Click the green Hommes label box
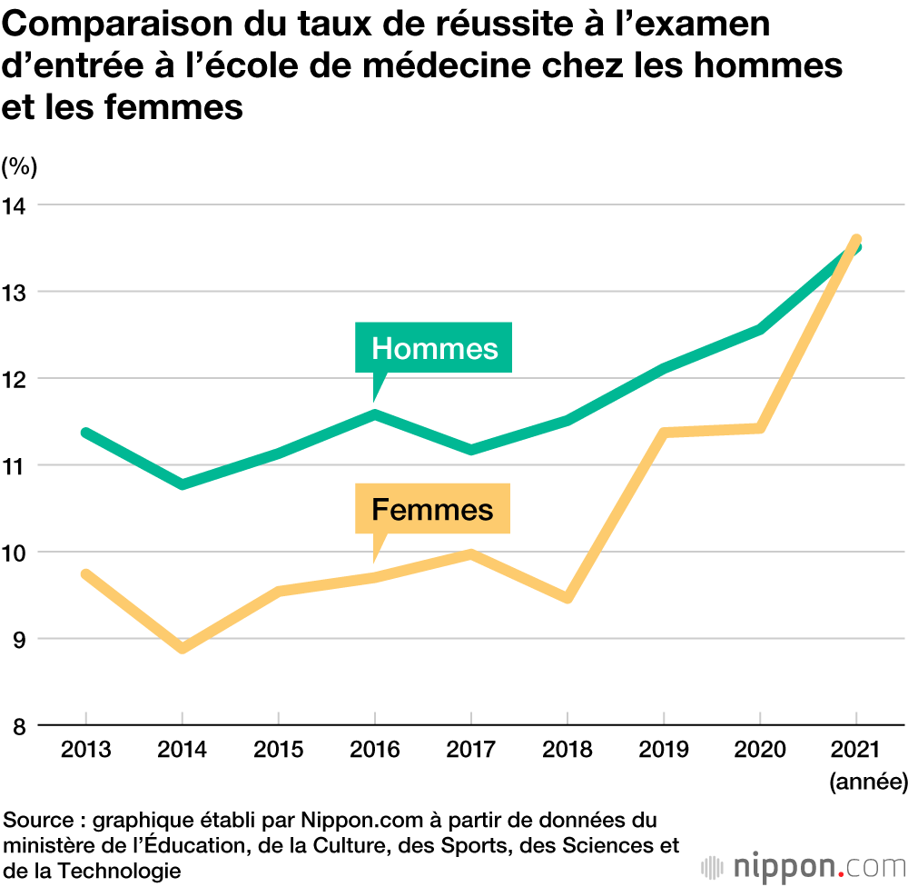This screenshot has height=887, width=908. [x=434, y=348]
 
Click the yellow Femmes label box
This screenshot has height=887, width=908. [x=432, y=509]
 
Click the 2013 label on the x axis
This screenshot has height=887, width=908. [x=85, y=750]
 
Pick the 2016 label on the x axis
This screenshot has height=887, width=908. [x=374, y=750]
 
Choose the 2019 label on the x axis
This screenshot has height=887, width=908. [x=663, y=750]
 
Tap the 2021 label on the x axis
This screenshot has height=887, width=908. [x=855, y=750]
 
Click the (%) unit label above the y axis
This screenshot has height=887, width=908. [x=19, y=166]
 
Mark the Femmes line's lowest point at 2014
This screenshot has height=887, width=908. [x=183, y=648]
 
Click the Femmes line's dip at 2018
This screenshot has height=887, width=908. [x=567, y=598]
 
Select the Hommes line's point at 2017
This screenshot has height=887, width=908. [x=470, y=450]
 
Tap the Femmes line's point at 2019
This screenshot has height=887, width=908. [x=663, y=433]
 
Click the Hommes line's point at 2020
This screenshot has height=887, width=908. [x=759, y=329]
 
